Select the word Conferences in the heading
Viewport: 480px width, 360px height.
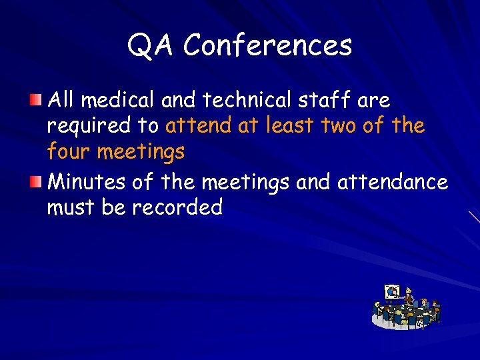tap(267, 45)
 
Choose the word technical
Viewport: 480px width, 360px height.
tap(248, 101)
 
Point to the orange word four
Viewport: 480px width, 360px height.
tap(69, 153)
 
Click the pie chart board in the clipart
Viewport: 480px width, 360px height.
tap(392, 292)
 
